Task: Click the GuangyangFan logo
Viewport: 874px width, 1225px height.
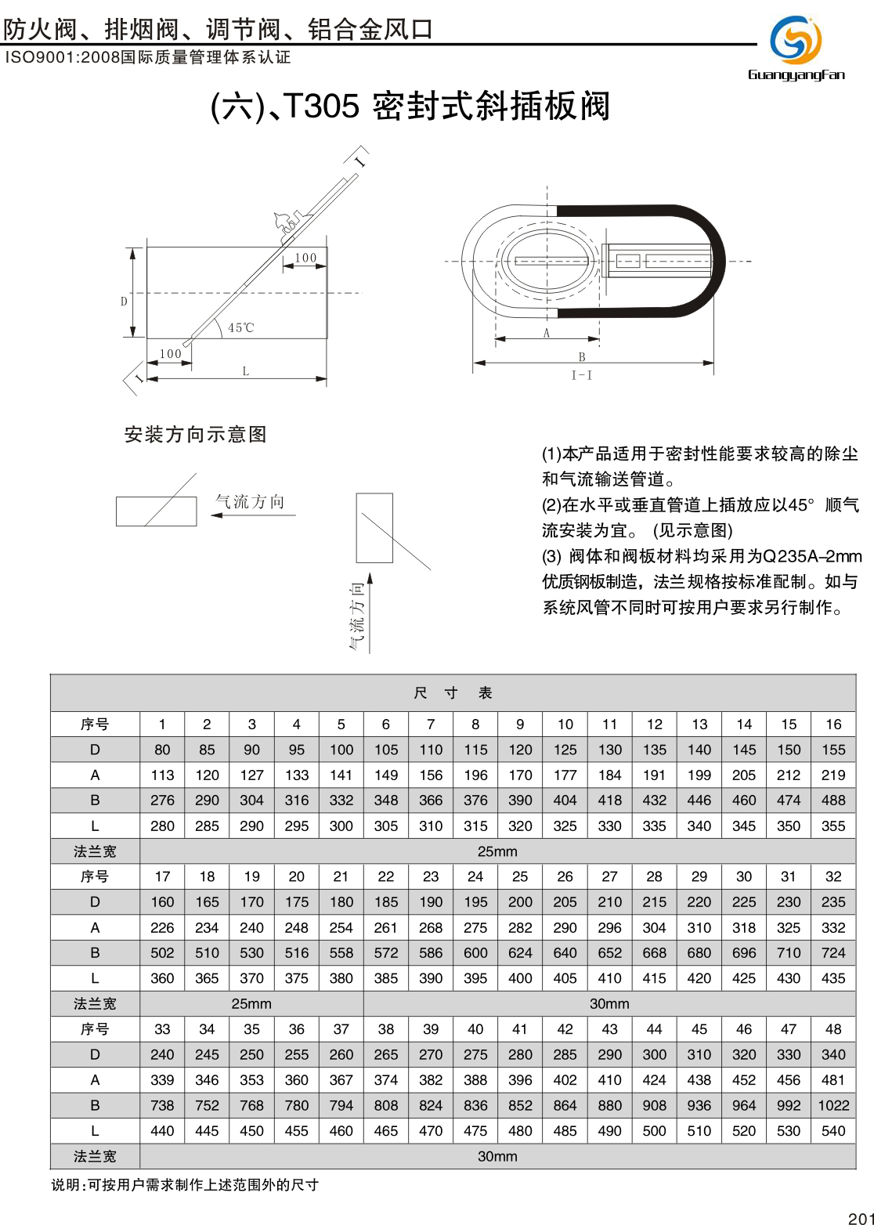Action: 796,46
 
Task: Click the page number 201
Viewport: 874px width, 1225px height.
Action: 860,1218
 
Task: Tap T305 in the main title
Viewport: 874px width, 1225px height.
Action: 320,107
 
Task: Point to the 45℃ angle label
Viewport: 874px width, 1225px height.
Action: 241,327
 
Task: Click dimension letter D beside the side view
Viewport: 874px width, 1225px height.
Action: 124,302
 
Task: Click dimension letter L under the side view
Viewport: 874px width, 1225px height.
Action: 245,371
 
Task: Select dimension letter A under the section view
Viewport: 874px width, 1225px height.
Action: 547,333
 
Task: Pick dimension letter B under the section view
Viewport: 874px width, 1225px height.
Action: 582,357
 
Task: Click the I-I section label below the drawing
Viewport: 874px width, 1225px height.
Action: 582,376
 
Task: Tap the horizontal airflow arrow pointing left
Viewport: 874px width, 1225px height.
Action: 253,515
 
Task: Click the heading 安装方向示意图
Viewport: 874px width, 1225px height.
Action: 196,435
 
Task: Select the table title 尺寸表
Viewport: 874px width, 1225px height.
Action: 453,693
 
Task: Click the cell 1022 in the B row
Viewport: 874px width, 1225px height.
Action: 833,1105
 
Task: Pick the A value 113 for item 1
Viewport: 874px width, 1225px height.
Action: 162,775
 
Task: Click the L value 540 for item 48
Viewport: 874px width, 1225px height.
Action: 833,1131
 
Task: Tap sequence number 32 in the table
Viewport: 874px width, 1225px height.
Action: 833,876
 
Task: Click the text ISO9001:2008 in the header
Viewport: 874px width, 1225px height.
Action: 63,58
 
